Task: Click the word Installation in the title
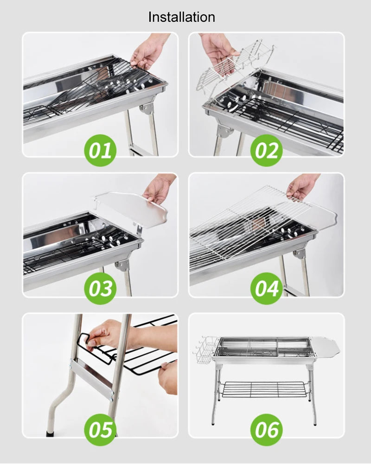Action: [x=181, y=17]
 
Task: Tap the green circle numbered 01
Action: [x=100, y=150]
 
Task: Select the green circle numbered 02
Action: [x=267, y=150]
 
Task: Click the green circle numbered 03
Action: [x=100, y=288]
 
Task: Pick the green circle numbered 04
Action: [x=267, y=288]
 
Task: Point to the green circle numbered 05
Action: [x=100, y=429]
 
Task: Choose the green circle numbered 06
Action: [x=267, y=429]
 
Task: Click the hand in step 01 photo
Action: [x=147, y=52]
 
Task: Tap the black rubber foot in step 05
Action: [x=50, y=434]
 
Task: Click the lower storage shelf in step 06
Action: [x=262, y=389]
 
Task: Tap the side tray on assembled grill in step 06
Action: [x=327, y=347]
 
